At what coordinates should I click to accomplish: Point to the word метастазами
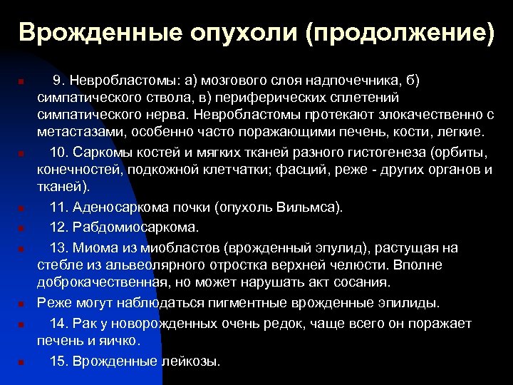(76, 133)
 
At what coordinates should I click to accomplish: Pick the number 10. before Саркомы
(61, 153)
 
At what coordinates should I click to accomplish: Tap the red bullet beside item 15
(22, 362)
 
